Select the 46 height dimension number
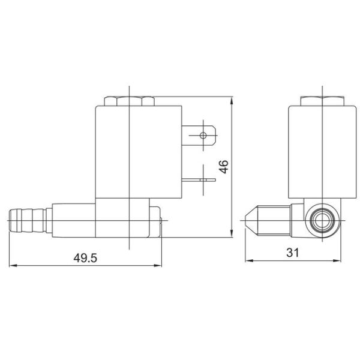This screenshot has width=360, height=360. coord(224,166)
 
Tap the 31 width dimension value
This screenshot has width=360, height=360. coord(292,253)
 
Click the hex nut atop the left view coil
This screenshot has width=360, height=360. coord(130,101)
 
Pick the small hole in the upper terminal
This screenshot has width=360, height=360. coord(203,136)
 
